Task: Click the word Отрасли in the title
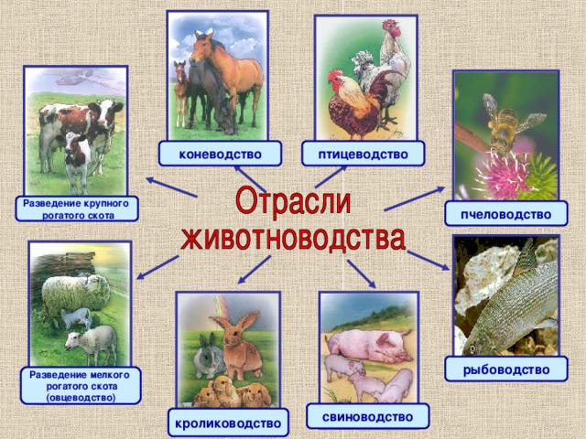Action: tap(295, 203)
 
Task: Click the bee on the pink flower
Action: tap(502, 128)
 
